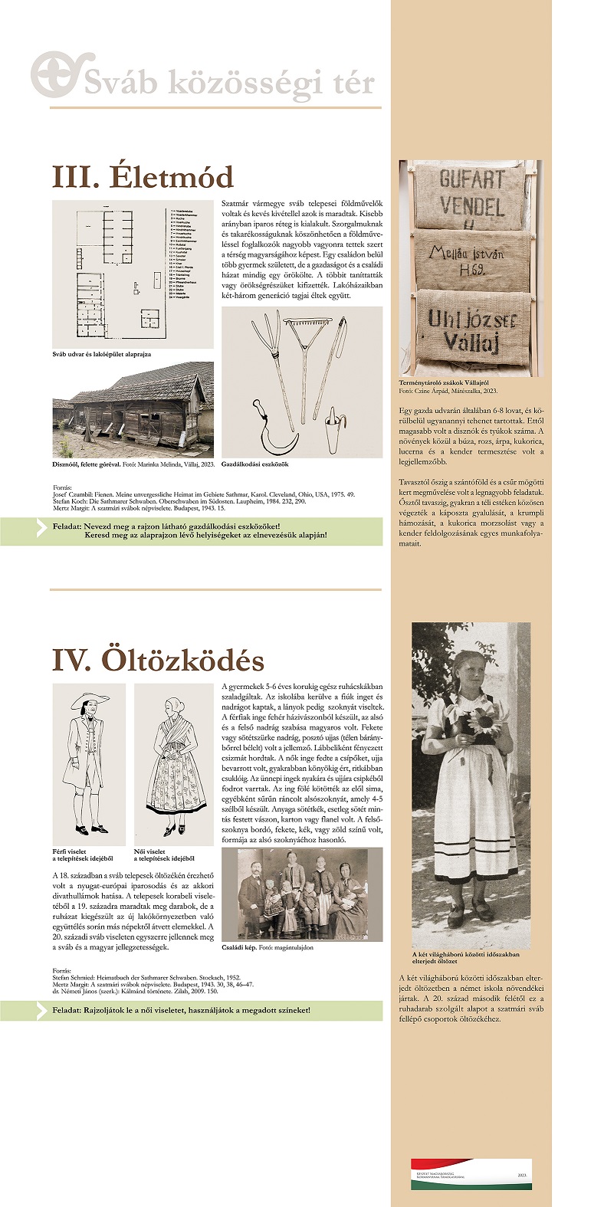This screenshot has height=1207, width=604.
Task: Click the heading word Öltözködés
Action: [x=186, y=660]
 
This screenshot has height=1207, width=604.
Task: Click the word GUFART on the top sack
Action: [x=471, y=180]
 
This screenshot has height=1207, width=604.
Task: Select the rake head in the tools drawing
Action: [x=299, y=327]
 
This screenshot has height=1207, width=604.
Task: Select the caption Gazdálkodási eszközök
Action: [x=255, y=464]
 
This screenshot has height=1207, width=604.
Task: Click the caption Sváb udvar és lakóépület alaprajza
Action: [x=101, y=354]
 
